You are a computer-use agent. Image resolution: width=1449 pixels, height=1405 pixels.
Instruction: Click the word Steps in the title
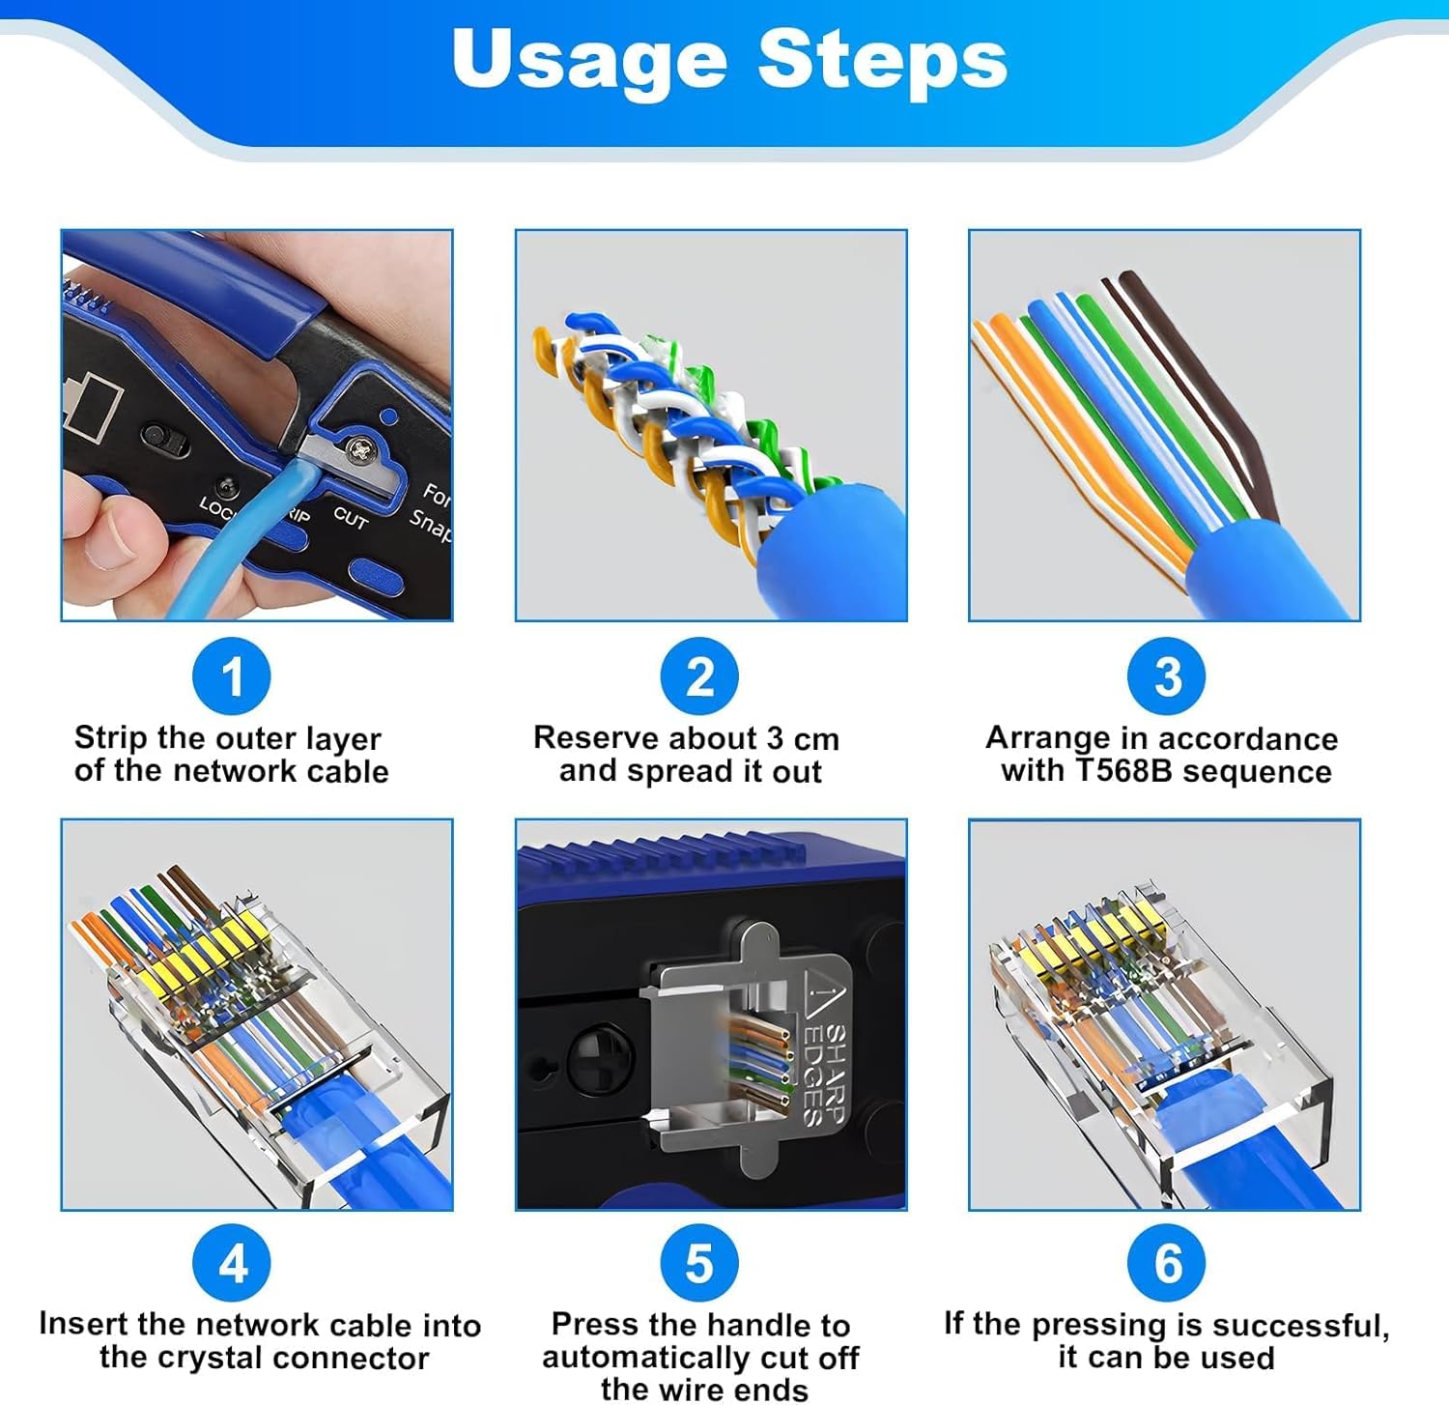pyautogui.click(x=882, y=59)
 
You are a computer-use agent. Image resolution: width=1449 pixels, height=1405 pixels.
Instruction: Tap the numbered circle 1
pyautogui.click(x=232, y=676)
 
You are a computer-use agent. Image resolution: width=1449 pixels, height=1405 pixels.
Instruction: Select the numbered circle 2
pyautogui.click(x=699, y=676)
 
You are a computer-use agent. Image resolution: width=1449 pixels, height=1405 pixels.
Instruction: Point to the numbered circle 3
pyautogui.click(x=1167, y=676)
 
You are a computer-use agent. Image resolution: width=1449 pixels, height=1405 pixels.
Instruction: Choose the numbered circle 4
pyautogui.click(x=232, y=1263)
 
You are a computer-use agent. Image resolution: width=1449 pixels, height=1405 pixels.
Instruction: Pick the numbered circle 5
pyautogui.click(x=699, y=1263)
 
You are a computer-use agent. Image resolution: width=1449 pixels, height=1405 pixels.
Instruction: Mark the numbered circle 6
pyautogui.click(x=1167, y=1263)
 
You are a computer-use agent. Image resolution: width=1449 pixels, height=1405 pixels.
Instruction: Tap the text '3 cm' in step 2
pyautogui.click(x=803, y=739)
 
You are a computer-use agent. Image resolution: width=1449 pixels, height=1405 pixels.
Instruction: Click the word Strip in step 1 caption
pyautogui.click(x=111, y=739)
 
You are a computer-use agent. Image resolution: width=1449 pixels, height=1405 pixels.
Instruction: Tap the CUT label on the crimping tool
pyautogui.click(x=351, y=518)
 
